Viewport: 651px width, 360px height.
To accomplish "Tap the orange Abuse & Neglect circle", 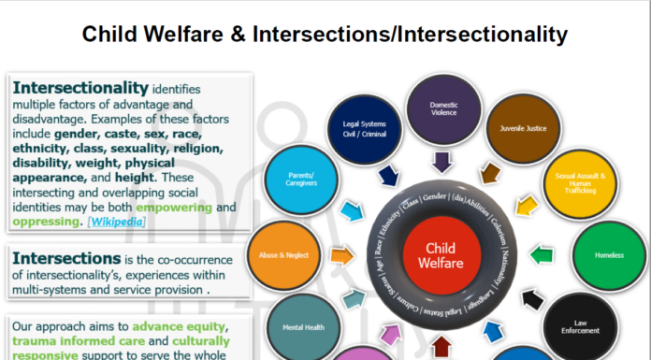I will (x=280, y=253).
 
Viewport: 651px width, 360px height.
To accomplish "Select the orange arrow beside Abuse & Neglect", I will (x=341, y=253).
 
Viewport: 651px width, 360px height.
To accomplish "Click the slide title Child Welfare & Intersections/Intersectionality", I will (x=325, y=35).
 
